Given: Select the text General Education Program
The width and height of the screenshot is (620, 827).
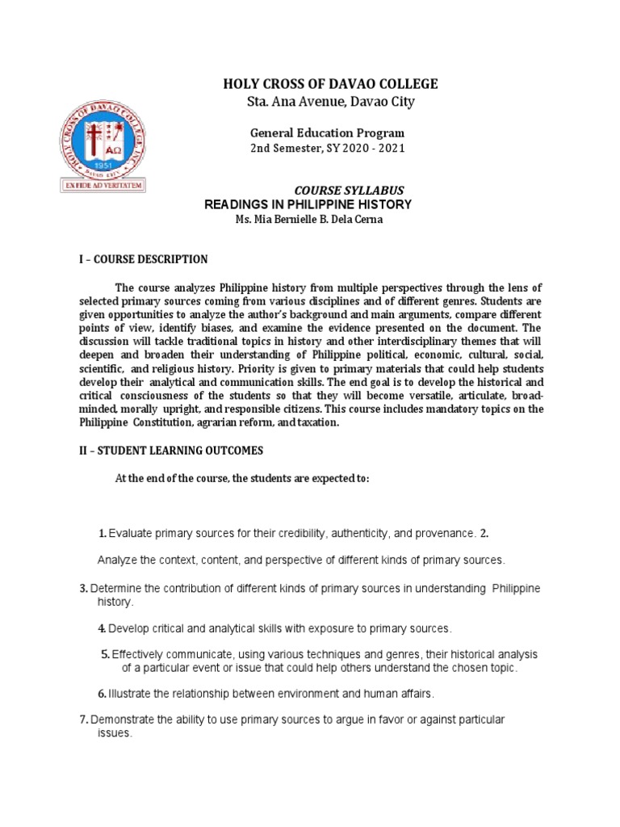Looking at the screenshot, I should (326, 132).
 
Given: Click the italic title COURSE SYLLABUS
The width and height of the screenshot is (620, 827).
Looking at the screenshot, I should (348, 189).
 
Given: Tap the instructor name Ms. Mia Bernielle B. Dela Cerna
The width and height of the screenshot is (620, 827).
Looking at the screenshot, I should (304, 220).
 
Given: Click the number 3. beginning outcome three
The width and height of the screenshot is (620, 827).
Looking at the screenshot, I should (84, 587).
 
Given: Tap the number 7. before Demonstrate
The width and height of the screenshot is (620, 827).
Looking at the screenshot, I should (84, 720).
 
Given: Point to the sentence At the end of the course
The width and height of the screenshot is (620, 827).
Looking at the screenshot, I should (242, 478).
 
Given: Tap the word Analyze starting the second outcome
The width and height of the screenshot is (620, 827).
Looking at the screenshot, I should (117, 560).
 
